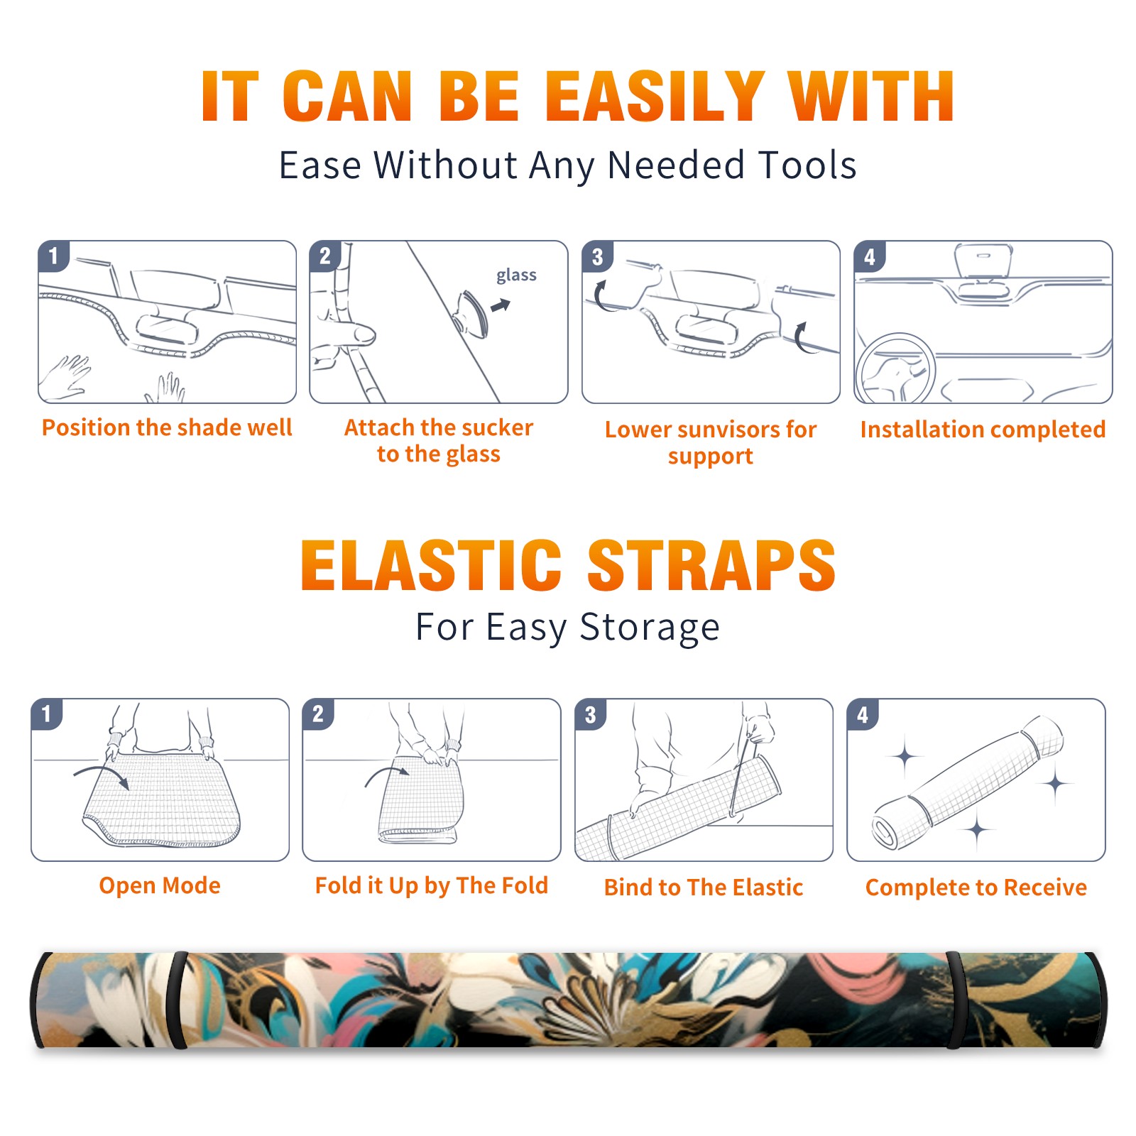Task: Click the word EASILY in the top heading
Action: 655,97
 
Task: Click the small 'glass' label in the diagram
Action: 516,275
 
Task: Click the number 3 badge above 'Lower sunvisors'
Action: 597,256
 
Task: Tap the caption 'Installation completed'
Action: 983,430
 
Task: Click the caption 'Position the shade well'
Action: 167,427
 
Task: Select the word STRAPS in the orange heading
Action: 711,565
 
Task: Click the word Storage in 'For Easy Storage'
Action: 650,628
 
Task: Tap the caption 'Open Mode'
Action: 160,885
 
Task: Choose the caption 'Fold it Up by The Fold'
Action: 432,886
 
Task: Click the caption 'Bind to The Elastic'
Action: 704,887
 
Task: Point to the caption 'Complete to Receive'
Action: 976,887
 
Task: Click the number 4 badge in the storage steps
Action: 863,714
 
